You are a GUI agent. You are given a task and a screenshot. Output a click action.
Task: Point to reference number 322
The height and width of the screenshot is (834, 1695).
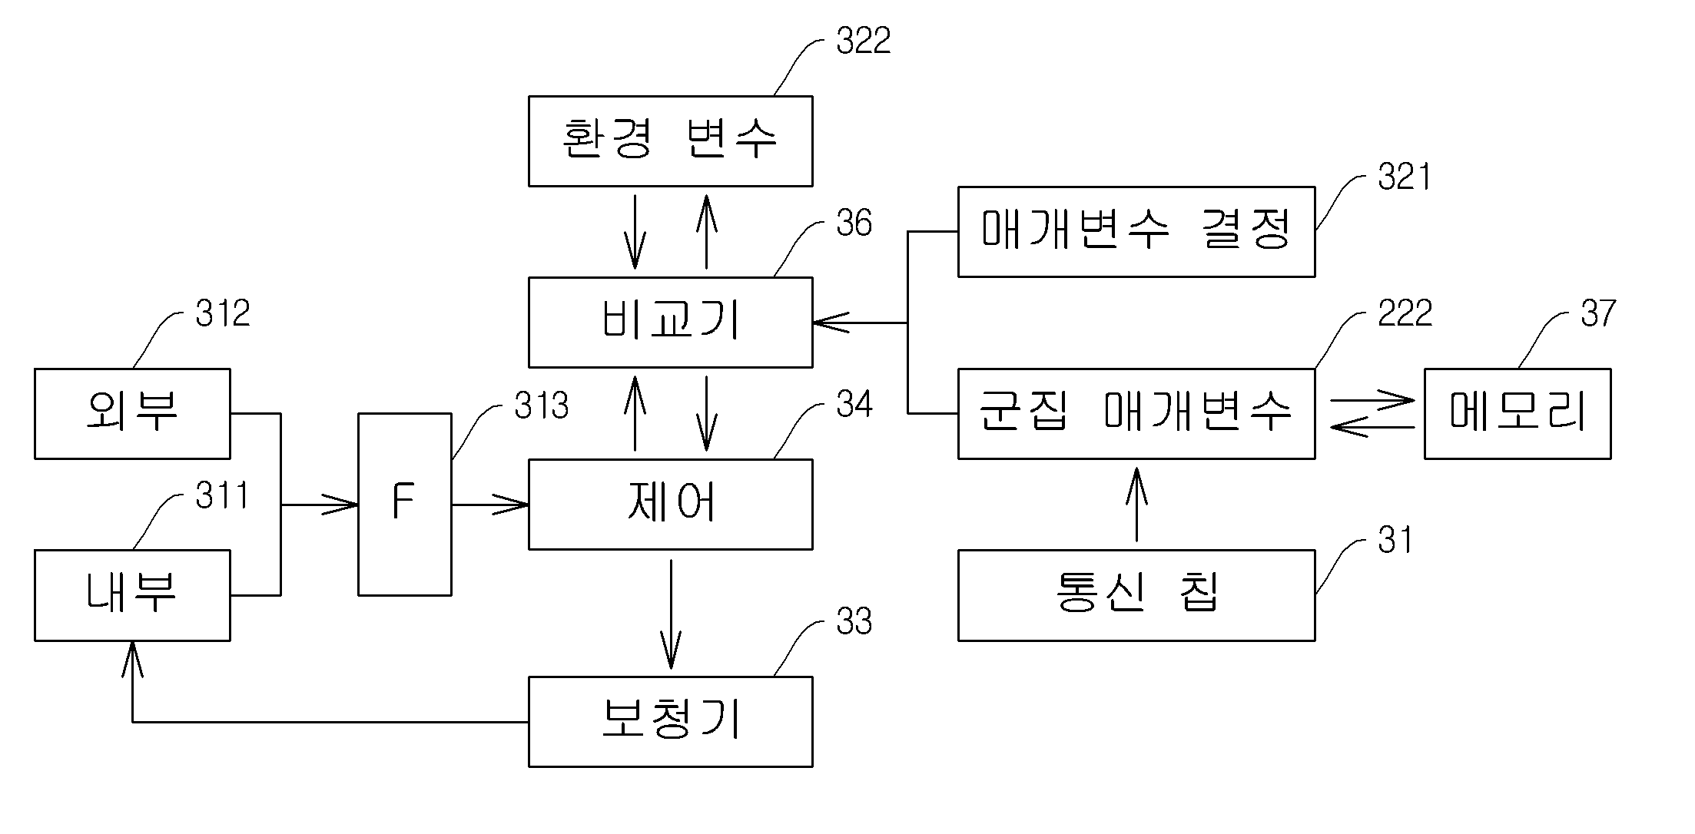click(864, 41)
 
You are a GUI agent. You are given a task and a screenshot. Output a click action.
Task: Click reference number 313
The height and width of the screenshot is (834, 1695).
click(542, 405)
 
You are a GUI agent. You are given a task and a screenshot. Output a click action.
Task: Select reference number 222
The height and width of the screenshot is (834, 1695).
click(1405, 313)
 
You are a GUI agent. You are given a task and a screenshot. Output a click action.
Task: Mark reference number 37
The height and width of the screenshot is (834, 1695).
click(1598, 313)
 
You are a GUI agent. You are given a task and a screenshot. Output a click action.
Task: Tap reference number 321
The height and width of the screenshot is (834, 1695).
click(1405, 177)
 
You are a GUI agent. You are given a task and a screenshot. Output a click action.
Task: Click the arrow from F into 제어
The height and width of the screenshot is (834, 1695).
click(490, 505)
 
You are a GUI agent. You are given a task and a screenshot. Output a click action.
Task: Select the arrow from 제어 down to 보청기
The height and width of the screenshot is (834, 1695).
click(671, 614)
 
